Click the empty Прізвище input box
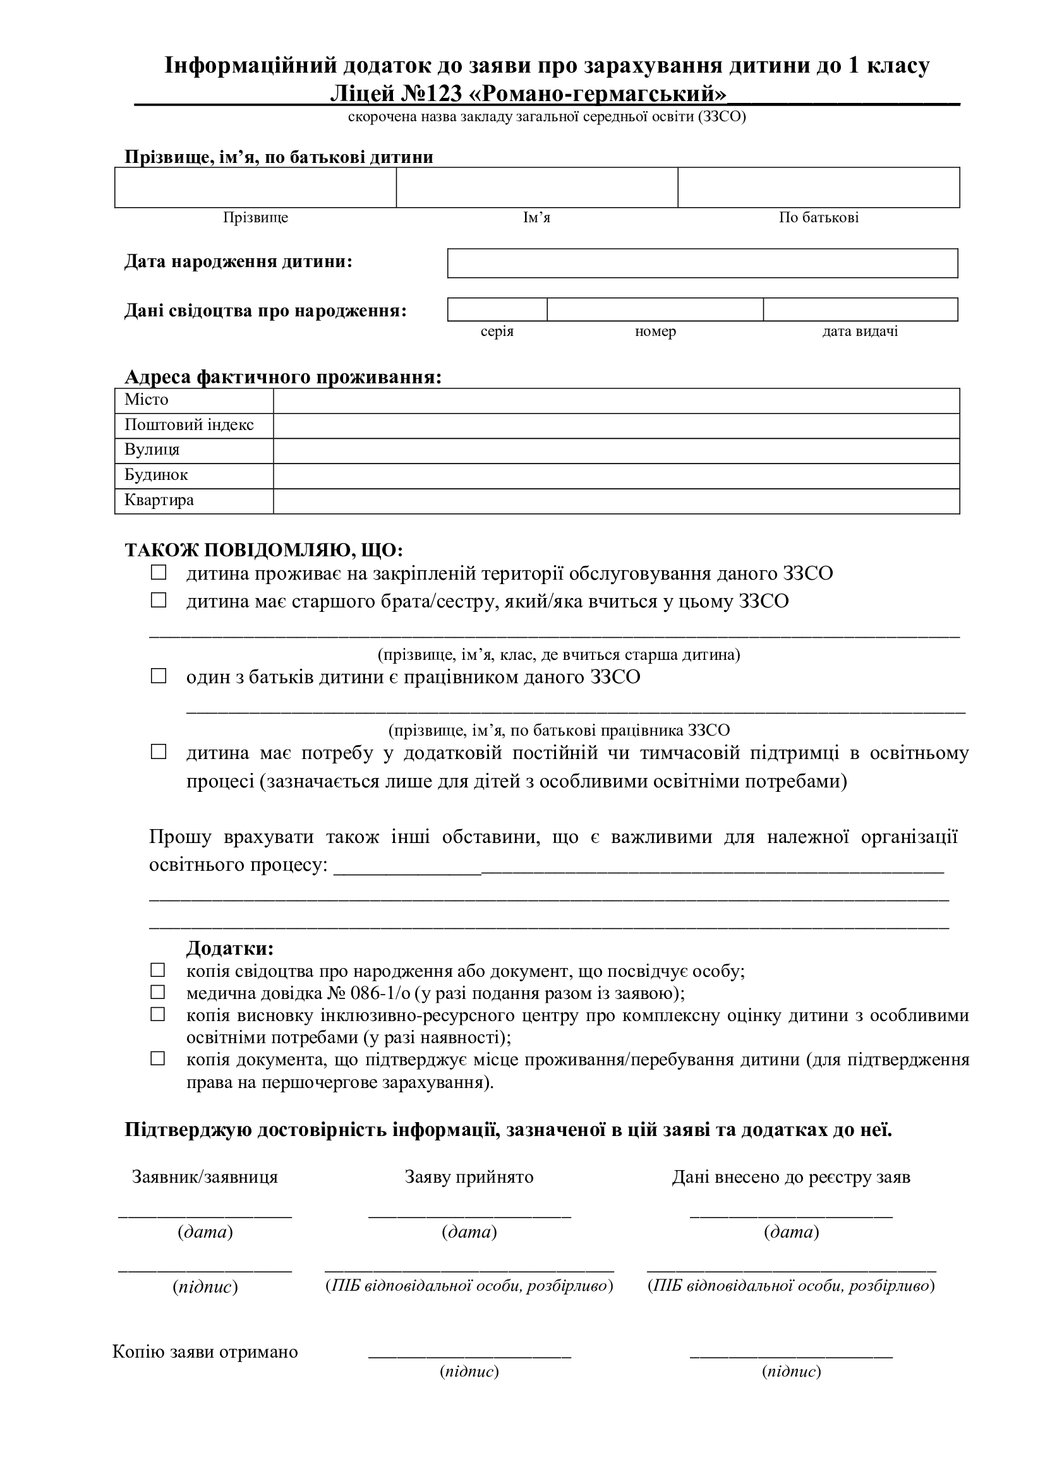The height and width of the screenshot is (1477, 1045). (x=255, y=187)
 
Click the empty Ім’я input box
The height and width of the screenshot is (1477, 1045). (x=536, y=187)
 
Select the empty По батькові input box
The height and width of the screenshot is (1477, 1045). (x=818, y=187)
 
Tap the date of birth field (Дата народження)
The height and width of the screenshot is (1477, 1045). (x=702, y=263)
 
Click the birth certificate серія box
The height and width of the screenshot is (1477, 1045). (x=497, y=309)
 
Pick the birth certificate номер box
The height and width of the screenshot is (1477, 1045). (x=655, y=309)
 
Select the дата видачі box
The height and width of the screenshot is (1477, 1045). (x=861, y=309)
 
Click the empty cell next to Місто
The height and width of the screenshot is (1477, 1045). (x=616, y=401)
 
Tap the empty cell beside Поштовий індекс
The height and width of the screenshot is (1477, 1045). (x=616, y=426)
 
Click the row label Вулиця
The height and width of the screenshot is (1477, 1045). (x=152, y=450)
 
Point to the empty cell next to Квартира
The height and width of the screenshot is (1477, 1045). (x=616, y=501)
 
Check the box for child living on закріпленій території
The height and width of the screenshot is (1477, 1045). (x=159, y=572)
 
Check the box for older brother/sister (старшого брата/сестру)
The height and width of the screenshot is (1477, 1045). (x=159, y=600)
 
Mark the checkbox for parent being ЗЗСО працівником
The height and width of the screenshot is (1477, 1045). (x=159, y=676)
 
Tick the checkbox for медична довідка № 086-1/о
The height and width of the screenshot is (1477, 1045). (x=158, y=991)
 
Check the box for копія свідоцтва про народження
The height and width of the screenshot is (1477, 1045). (x=158, y=969)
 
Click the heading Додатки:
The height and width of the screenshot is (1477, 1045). (x=230, y=948)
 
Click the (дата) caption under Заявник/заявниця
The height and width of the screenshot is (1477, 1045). (x=205, y=1232)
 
